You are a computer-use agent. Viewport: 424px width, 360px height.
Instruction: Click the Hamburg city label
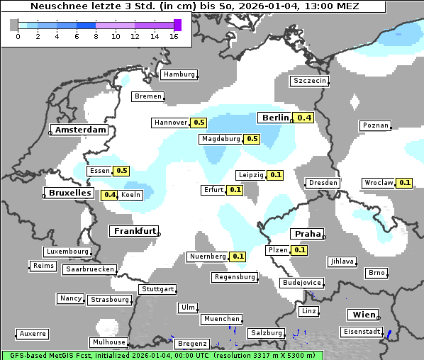point(179,74)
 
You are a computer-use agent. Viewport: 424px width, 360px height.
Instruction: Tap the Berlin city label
point(275,118)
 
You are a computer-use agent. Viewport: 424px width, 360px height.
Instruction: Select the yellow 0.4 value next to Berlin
point(305,118)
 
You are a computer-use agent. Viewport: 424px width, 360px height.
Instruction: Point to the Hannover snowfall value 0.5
point(199,123)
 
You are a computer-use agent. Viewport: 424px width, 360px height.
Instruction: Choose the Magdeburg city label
point(221,139)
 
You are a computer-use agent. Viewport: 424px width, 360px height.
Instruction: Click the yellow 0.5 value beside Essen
point(121,171)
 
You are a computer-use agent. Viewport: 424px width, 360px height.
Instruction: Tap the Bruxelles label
point(69,193)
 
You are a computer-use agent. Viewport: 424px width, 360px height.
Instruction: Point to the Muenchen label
point(221,320)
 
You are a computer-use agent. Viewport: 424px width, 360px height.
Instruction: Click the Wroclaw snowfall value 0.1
point(405,183)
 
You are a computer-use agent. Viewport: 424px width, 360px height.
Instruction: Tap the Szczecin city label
point(310,81)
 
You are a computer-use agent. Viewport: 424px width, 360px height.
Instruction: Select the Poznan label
point(375,125)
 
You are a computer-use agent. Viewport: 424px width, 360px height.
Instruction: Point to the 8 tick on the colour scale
point(96,35)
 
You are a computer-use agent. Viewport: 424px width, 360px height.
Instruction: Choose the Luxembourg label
point(67,252)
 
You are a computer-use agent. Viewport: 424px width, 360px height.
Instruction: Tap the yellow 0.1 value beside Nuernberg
point(238,257)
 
